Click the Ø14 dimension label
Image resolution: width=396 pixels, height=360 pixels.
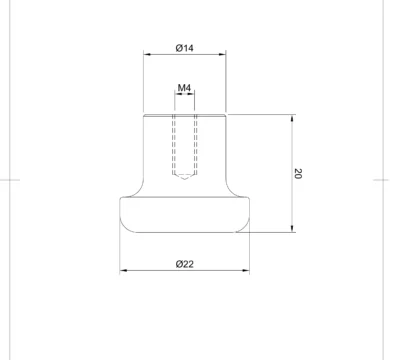coord(184,48)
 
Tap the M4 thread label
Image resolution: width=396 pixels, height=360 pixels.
coord(184,88)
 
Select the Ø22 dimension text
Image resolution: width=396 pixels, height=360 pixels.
coord(184,264)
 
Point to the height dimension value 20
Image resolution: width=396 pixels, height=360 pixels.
coord(298,173)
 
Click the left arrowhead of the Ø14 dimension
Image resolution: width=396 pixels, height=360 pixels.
coord(147,54)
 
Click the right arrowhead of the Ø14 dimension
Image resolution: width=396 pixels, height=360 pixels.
coord(222,54)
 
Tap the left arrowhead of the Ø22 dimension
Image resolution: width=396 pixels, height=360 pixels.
coord(123,270)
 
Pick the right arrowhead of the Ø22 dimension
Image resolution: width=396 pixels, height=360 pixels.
coord(246,270)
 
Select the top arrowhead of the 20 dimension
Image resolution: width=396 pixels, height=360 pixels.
coord(292,118)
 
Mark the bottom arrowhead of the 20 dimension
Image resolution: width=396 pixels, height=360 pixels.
coord(292,228)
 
